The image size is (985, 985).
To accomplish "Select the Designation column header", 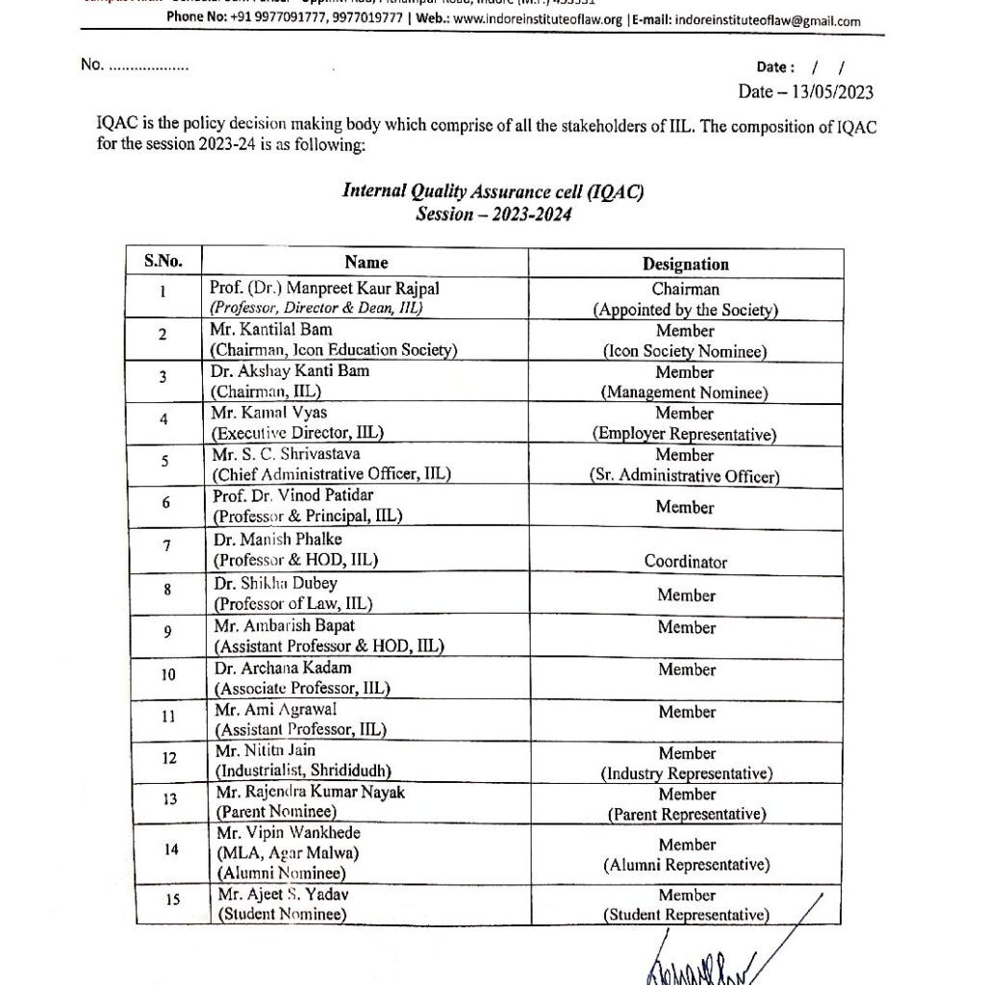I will point(685,264).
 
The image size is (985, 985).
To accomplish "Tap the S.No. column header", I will point(164,262).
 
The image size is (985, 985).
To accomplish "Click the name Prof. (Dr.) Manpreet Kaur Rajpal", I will point(316,289).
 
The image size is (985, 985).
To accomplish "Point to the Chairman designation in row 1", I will point(685,289).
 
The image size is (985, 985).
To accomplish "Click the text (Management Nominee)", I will point(685,392).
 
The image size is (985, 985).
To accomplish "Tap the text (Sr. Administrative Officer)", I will point(685,476).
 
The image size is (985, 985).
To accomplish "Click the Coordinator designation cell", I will point(685,561).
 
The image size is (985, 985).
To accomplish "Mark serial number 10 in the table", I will point(167,675).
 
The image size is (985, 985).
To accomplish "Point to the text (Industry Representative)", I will point(686,773).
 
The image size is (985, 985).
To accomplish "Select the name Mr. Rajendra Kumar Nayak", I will point(311,793).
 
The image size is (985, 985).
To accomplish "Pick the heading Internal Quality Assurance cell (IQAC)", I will point(492,191).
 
